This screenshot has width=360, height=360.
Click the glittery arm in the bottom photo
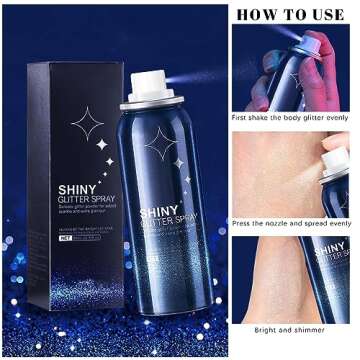275,280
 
